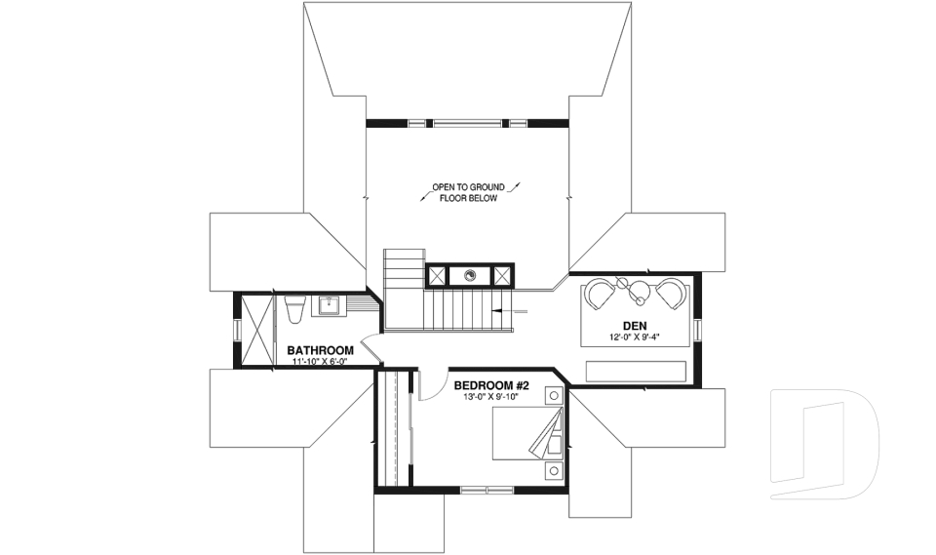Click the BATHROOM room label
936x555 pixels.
[x=320, y=350]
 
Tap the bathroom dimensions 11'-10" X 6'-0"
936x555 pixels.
[x=320, y=362]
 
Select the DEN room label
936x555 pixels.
[x=635, y=327]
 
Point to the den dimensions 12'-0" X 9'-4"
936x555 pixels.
[x=635, y=339]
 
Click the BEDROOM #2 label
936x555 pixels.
[x=491, y=385]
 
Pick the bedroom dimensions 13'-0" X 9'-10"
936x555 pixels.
[x=491, y=397]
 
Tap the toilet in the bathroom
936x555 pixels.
[x=295, y=308]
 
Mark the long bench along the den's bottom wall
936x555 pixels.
[x=636, y=371]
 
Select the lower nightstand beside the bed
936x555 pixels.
[x=554, y=471]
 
